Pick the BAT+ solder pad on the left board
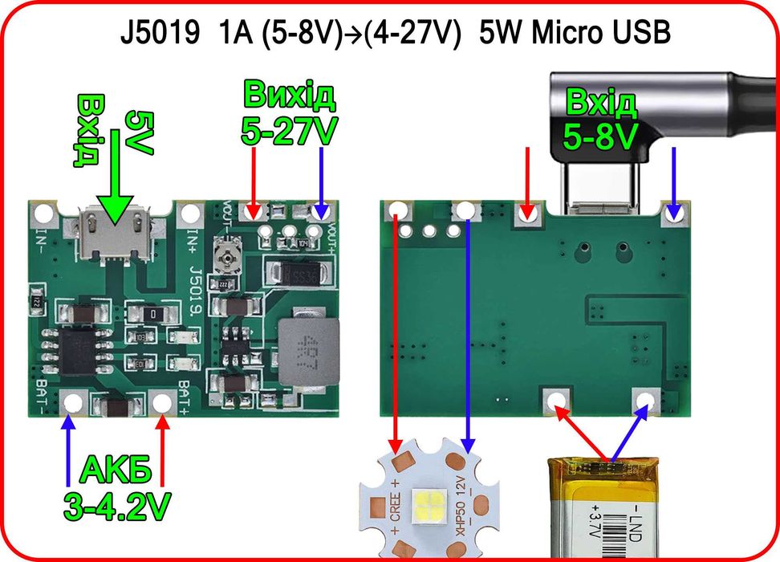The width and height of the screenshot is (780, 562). coord(164,402)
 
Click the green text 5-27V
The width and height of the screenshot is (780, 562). coord(289,130)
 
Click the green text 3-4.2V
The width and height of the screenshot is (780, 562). coord(118,506)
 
